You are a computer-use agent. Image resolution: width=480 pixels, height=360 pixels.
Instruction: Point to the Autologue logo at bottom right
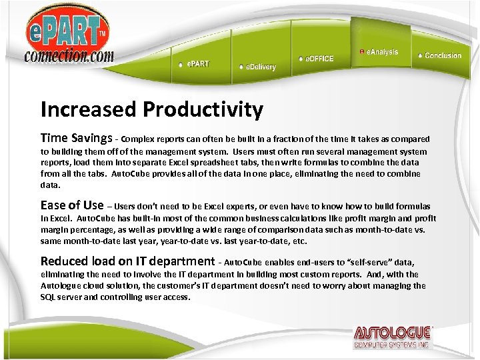tap(393, 336)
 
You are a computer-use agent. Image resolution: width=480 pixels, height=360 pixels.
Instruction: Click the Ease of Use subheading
tap(72, 205)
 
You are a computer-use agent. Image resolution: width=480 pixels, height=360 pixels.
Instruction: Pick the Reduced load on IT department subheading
tap(127, 261)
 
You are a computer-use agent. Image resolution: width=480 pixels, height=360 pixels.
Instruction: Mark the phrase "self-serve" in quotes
tap(377, 263)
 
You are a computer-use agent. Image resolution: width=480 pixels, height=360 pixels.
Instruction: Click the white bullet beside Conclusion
tap(419, 55)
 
